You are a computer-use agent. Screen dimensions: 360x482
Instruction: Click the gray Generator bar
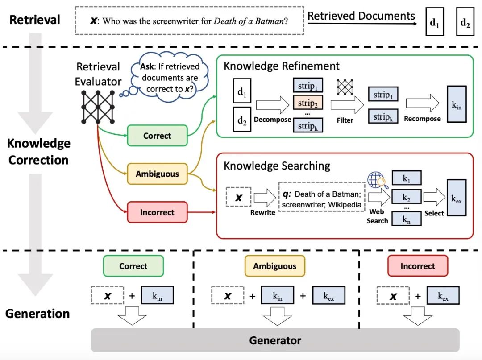pos(275,341)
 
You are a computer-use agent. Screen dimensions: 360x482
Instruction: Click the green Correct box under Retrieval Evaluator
pos(157,136)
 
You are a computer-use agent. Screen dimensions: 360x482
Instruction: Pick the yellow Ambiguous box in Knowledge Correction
pos(157,174)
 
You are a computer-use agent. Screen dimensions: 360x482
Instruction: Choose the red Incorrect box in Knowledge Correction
pos(157,212)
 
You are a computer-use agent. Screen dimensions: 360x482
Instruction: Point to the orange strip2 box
pos(307,103)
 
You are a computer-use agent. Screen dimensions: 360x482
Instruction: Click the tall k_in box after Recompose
pos(457,105)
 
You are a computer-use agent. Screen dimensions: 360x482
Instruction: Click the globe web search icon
pos(376,180)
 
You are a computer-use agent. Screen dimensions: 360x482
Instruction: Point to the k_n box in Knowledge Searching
pos(406,219)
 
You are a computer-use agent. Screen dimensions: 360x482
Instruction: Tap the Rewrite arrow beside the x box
pos(264,197)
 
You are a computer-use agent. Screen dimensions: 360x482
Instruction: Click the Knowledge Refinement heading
pos(282,66)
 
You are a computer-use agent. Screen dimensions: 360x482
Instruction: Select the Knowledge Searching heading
pos(277,166)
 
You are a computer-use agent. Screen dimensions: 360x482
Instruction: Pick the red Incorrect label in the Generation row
pos(417,266)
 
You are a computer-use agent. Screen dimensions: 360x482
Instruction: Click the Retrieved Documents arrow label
pos(361,17)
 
